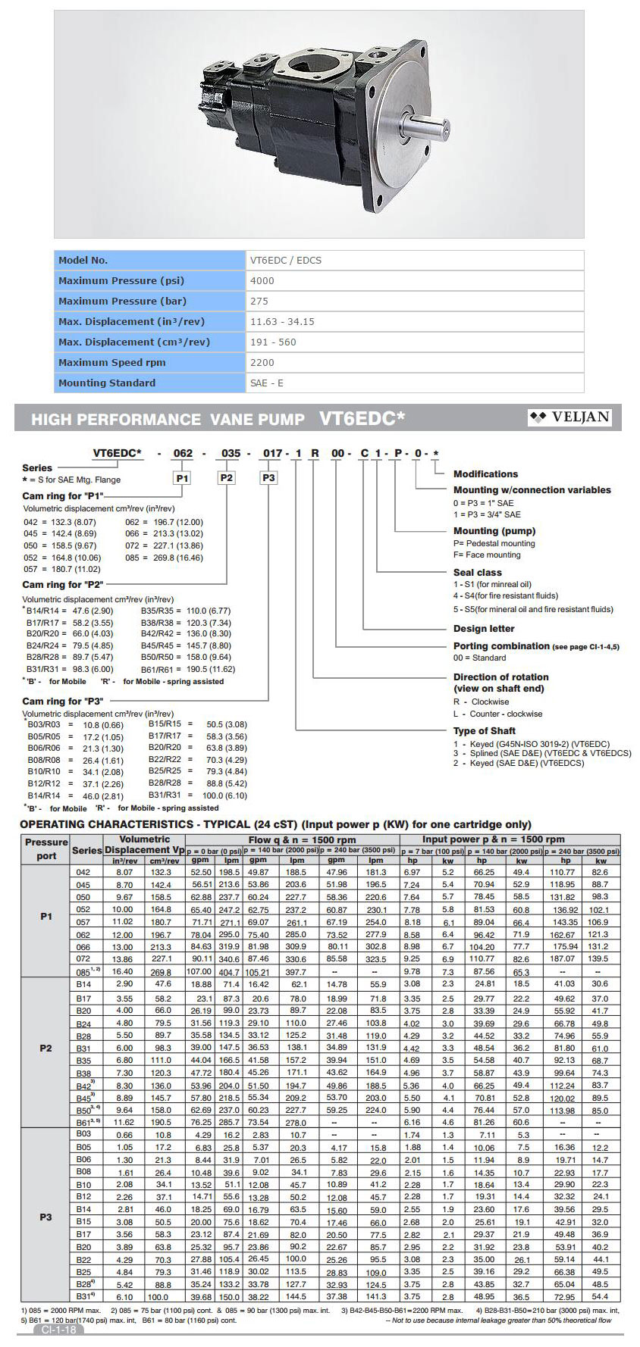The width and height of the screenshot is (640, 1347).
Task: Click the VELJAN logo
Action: click(569, 417)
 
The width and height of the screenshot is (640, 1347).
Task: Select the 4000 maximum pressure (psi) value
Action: click(262, 280)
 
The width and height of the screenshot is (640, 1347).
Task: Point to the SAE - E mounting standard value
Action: click(267, 383)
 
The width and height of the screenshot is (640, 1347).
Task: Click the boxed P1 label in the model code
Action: click(182, 478)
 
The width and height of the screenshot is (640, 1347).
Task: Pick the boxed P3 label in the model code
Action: click(268, 478)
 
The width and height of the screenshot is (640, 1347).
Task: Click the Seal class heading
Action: click(478, 572)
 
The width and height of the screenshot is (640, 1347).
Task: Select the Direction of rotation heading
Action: click(500, 677)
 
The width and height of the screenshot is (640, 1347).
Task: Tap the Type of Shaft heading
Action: click(485, 730)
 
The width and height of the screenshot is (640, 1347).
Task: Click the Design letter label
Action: click(484, 628)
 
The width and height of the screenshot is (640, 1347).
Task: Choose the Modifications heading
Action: click(485, 473)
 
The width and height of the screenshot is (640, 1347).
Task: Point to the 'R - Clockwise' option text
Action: click(482, 702)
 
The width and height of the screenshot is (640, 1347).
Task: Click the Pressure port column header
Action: click(46, 849)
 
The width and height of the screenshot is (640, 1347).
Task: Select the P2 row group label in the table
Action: click(45, 1048)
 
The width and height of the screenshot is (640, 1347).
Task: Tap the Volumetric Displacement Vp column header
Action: click(144, 844)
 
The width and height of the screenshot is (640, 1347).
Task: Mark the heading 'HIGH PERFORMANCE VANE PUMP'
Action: click(168, 419)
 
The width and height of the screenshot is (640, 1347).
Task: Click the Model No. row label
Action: click(83, 260)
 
